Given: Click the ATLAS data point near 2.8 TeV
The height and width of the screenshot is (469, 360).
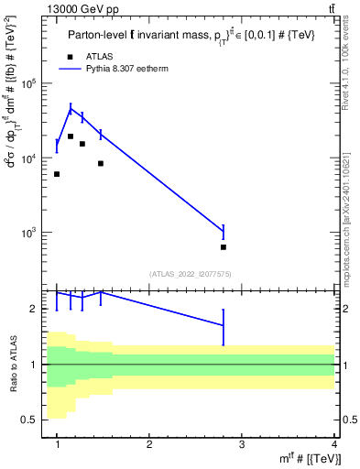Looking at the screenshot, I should (x=224, y=247).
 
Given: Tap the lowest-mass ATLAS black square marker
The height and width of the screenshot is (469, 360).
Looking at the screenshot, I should (x=57, y=174).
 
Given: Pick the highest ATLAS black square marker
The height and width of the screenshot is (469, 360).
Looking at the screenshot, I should (x=71, y=136).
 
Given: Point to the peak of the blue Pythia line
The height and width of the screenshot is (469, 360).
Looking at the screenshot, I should (x=71, y=109).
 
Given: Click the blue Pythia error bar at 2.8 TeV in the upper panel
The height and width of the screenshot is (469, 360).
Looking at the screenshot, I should (x=224, y=232).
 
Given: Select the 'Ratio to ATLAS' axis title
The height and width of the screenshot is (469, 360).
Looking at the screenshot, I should (x=12, y=364).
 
